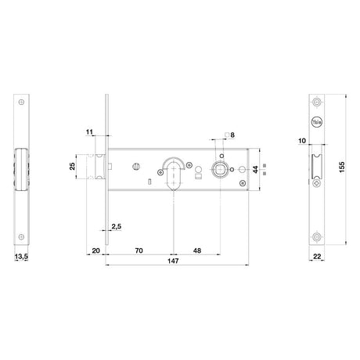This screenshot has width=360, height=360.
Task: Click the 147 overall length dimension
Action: point(173,261)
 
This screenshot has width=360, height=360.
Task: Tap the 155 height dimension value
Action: point(342,167)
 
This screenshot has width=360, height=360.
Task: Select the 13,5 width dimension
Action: point(21,257)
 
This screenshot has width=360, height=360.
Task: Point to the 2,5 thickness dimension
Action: point(117,226)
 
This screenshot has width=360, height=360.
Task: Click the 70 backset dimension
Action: point(139,250)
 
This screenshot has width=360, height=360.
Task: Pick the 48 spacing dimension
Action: point(197,250)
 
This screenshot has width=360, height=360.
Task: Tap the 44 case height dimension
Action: point(256,170)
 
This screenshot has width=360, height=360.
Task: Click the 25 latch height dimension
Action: point(72,166)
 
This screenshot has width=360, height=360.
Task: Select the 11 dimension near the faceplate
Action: point(89,132)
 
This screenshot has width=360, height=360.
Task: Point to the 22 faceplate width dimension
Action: point(317,257)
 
